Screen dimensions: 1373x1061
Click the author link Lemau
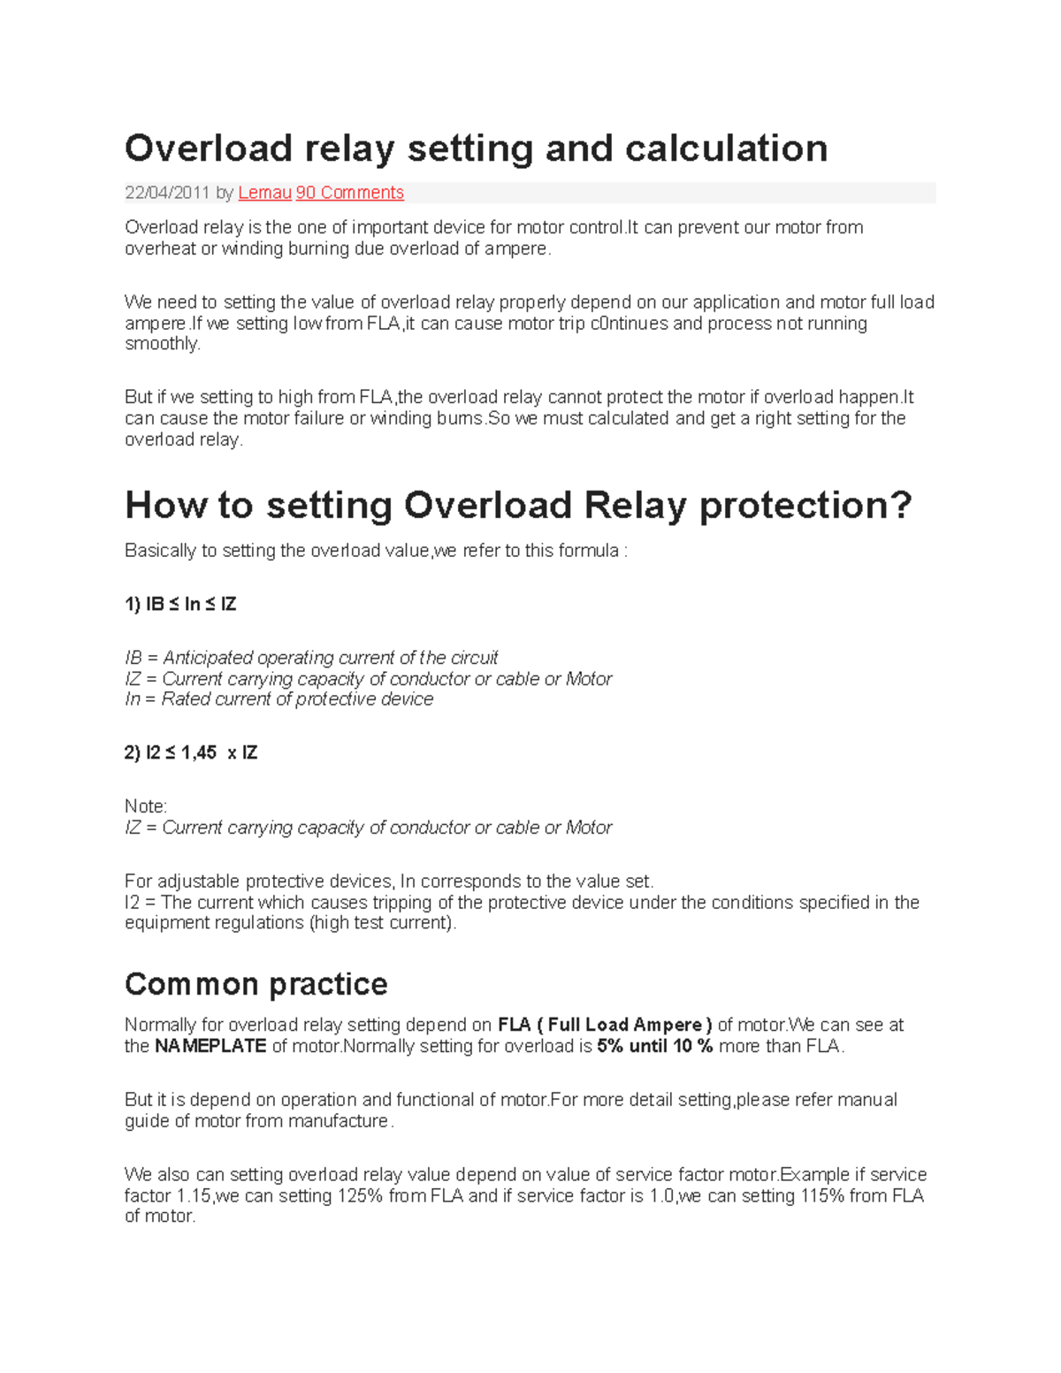[x=264, y=193]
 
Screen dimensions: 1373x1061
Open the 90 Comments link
[x=349, y=193]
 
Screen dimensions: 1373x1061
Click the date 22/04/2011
[x=167, y=193]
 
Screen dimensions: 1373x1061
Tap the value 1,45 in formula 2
[x=198, y=753]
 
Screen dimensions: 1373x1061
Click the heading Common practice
[x=256, y=984]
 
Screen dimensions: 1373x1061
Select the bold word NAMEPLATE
[x=210, y=1047]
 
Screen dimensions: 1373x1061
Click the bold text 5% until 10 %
[x=654, y=1047]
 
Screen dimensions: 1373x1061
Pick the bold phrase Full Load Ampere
[x=625, y=1026]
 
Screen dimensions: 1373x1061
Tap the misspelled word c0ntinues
[x=630, y=324]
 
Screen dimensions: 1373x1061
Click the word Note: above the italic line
[x=146, y=806]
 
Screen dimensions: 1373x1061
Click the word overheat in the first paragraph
[x=160, y=248]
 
